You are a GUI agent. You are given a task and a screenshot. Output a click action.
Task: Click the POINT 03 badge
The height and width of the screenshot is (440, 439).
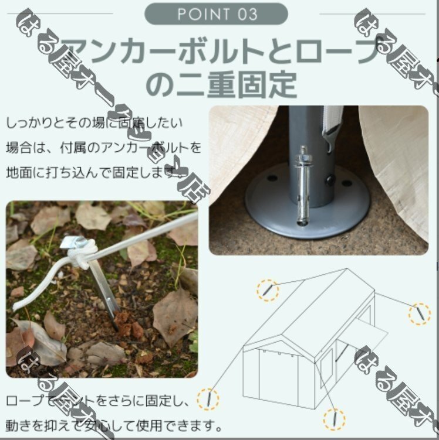point(216,14)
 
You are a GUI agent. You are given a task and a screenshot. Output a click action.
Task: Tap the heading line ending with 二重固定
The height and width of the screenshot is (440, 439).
point(220,84)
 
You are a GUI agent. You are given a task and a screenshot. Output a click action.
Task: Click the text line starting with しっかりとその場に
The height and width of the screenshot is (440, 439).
point(94,123)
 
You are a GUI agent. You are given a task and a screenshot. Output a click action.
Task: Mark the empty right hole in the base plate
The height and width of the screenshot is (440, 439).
point(346,183)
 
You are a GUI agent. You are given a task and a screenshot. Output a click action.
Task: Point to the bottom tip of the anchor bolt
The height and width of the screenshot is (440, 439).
point(302,221)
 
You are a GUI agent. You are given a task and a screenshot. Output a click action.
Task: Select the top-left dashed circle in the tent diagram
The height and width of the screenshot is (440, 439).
point(268,290)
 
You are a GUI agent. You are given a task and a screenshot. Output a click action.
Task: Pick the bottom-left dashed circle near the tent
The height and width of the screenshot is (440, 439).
point(207,400)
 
